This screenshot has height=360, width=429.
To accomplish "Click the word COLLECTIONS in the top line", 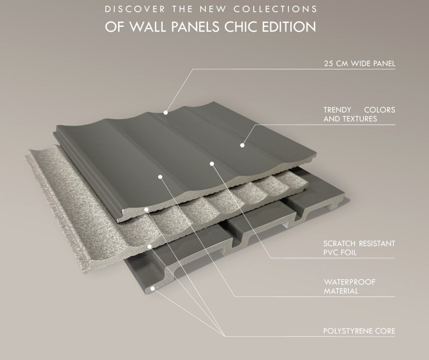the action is coord(275,9).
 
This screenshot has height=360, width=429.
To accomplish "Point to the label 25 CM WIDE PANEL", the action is coord(360,64).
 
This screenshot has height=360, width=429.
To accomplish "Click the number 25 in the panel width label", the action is coord(328,64).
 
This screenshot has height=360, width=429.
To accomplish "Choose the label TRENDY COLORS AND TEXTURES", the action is coord(359,114).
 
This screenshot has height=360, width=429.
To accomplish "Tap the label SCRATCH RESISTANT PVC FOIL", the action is coord(359,248).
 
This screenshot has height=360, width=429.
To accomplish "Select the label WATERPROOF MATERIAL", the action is coord(350,286).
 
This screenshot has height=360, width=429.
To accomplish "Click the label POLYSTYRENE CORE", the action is coord(359,331).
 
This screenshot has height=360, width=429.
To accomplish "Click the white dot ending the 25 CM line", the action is coord(166,112).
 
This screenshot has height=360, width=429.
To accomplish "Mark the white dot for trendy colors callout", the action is coord(242,145).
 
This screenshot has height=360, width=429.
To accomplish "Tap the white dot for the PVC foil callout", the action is coord(212,164).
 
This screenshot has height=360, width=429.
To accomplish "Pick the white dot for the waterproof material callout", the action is coord(160,177).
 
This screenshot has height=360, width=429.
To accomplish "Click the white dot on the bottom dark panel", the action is coord(153,288).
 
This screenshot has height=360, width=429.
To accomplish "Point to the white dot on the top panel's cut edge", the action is coord(146,210).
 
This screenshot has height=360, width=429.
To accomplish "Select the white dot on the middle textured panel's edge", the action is coord(149,246).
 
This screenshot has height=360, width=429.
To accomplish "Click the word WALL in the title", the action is coord(148,27).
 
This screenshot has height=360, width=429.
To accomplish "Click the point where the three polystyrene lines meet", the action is coord(225,336).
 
